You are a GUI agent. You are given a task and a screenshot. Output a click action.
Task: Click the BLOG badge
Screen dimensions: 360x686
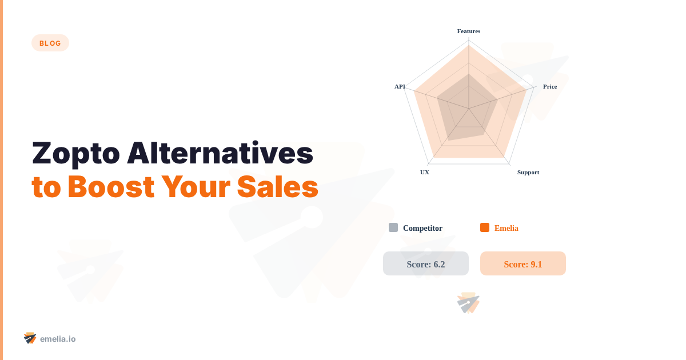(50, 43)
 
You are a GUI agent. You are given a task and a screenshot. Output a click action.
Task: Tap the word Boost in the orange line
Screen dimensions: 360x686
(110, 187)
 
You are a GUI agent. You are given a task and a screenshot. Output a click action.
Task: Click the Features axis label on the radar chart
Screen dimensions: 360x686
(469, 31)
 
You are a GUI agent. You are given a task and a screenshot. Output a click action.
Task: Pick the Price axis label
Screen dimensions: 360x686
(550, 86)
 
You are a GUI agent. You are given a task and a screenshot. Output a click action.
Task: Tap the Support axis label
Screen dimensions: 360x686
(528, 172)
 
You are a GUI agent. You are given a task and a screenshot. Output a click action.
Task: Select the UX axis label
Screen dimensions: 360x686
(425, 172)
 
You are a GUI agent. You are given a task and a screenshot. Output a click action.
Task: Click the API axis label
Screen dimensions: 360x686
(400, 86)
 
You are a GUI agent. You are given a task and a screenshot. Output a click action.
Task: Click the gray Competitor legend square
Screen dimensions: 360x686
(393, 227)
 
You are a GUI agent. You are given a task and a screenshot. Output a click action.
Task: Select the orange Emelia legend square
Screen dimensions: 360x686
(485, 227)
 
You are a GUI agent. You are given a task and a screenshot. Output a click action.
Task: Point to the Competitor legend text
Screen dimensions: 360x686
(422, 228)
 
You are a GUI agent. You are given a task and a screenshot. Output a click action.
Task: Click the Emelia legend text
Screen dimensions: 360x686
(506, 228)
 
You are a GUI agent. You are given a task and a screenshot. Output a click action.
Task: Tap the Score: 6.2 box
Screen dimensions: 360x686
(426, 263)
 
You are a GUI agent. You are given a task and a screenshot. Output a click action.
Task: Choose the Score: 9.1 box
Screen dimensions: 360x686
(523, 263)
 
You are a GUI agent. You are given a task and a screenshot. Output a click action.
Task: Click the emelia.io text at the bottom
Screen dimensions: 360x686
(58, 339)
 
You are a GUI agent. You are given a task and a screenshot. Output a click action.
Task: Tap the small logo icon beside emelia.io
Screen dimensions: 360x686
(30, 338)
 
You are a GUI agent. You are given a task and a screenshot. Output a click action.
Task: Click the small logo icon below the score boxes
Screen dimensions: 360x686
(468, 303)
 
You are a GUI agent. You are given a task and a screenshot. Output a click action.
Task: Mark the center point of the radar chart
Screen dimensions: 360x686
(469, 109)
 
